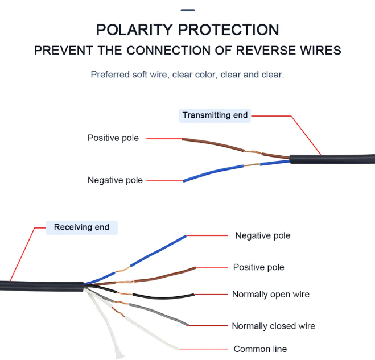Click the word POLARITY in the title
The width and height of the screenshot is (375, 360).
(x=134, y=30)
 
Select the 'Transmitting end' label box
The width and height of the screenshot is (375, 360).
(x=215, y=115)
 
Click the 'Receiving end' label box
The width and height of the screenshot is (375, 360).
(x=81, y=227)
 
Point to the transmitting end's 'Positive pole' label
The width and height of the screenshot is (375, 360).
(x=113, y=138)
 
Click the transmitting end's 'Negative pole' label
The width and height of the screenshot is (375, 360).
(x=115, y=180)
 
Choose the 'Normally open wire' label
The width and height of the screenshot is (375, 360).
(x=271, y=295)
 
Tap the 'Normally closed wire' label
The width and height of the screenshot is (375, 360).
(x=273, y=326)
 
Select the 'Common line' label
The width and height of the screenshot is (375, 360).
(x=260, y=349)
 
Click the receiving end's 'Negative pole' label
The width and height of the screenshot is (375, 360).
(x=263, y=235)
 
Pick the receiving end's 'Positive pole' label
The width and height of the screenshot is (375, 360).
(x=259, y=267)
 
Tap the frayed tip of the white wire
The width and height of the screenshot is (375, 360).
(x=119, y=354)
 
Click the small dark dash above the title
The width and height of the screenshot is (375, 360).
(x=188, y=10)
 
